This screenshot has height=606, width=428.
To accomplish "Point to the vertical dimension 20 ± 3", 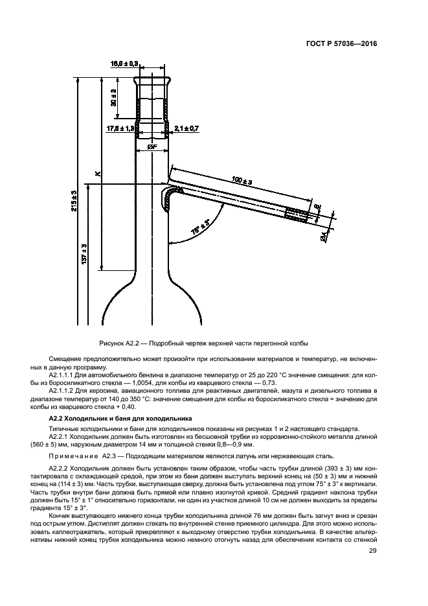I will pyautogui.click(x=113, y=97).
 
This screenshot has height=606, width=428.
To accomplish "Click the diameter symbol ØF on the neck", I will pyautogui.click(x=153, y=148).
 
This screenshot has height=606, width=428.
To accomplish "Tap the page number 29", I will pyautogui.click(x=372, y=551).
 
